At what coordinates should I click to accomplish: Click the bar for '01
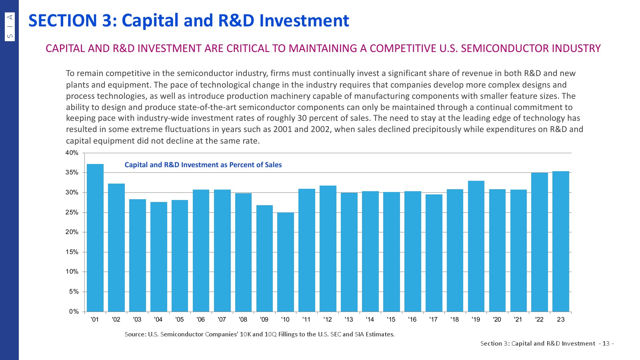95,238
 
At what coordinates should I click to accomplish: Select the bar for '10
286,262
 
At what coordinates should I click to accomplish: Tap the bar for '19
476,246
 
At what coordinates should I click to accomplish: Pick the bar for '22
540,242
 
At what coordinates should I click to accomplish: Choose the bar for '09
264,258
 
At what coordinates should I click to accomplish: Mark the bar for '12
328,248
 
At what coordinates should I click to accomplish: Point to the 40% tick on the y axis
72,153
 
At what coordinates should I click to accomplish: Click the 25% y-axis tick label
72,212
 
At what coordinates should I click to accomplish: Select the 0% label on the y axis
74,312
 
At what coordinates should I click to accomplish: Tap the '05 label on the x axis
180,320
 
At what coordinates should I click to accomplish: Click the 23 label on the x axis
561,320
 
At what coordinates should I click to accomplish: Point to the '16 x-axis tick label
412,320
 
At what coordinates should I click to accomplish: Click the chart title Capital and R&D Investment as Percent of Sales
203,165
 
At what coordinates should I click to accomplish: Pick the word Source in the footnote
134,334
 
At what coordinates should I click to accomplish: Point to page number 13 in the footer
606,344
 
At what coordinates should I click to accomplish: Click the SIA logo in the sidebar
10,27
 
